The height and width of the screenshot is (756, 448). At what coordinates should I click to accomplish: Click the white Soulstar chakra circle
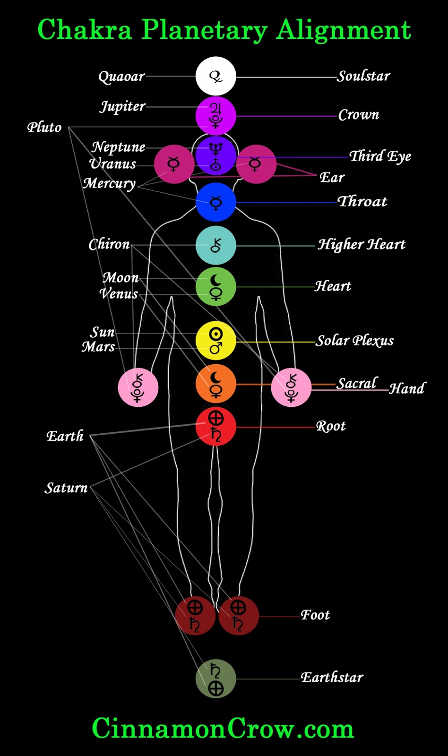[215, 76]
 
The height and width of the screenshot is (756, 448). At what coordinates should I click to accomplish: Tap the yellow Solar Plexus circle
[215, 341]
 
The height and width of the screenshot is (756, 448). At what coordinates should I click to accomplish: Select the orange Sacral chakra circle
[215, 384]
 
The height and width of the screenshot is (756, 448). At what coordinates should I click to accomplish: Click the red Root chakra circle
[215, 427]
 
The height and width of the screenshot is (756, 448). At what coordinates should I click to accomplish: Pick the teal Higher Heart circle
[215, 245]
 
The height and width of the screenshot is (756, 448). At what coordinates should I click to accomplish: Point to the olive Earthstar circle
[215, 679]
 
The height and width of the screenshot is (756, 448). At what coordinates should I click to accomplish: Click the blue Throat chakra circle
[215, 202]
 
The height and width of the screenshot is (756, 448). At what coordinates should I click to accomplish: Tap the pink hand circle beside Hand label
[291, 387]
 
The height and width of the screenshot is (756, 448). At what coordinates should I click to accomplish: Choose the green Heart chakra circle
[215, 287]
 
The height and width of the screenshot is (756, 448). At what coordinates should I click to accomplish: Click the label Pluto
[44, 128]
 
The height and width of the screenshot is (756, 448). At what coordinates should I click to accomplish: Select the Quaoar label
[121, 77]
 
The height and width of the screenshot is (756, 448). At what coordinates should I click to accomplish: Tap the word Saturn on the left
[66, 488]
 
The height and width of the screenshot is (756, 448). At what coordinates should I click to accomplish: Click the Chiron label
[109, 244]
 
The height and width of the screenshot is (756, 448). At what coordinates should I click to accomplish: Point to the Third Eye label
[380, 156]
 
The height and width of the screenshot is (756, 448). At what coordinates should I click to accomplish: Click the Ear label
[332, 178]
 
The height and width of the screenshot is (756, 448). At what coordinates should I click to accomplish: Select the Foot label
[315, 615]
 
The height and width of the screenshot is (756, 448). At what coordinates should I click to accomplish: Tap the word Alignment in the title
[344, 30]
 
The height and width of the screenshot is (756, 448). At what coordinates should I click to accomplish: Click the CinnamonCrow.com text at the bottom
[223, 728]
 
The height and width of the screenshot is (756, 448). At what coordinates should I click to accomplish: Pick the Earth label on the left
[65, 436]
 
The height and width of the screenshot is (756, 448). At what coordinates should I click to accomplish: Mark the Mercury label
[109, 183]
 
